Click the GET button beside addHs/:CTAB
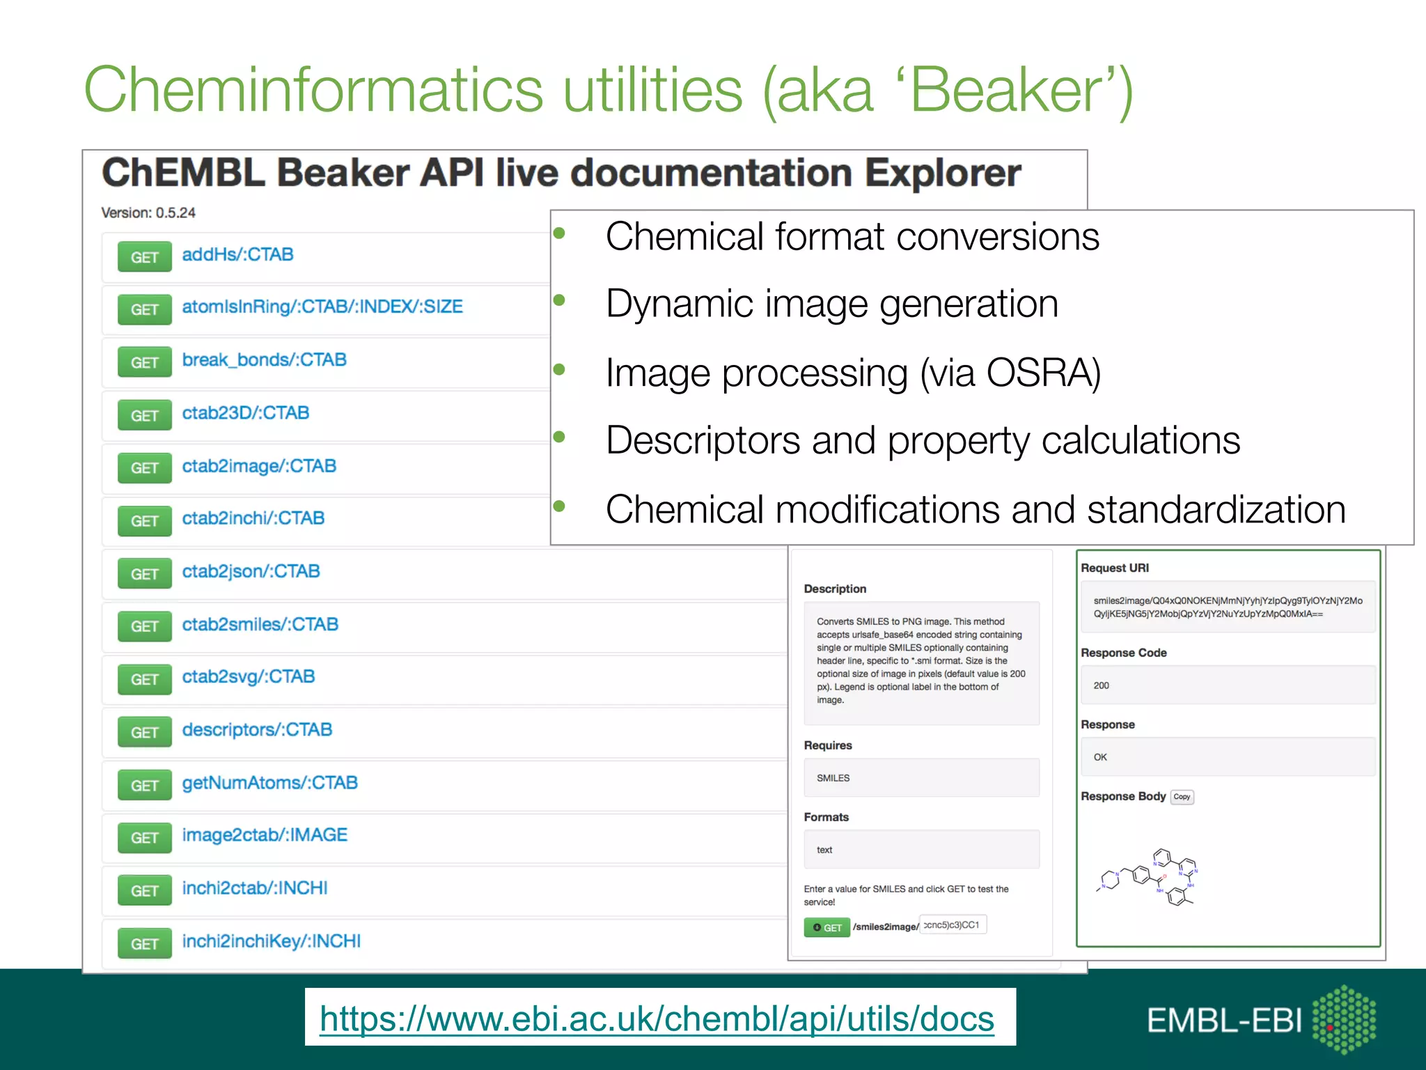(x=144, y=257)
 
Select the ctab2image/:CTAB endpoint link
(x=259, y=466)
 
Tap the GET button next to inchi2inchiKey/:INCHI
(x=144, y=944)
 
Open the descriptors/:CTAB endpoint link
(x=257, y=730)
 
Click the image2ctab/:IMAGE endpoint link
(x=265, y=835)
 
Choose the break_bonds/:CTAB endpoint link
(x=264, y=360)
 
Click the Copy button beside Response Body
(x=1182, y=797)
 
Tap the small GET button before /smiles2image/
(x=826, y=927)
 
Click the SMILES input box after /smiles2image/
(x=953, y=925)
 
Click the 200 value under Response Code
(x=1102, y=685)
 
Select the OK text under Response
(x=1100, y=757)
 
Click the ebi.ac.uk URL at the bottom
(x=657, y=1019)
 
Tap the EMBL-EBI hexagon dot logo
(x=1344, y=1019)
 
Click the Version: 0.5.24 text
(x=148, y=212)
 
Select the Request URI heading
(x=1115, y=568)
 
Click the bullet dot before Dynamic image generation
(x=559, y=300)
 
